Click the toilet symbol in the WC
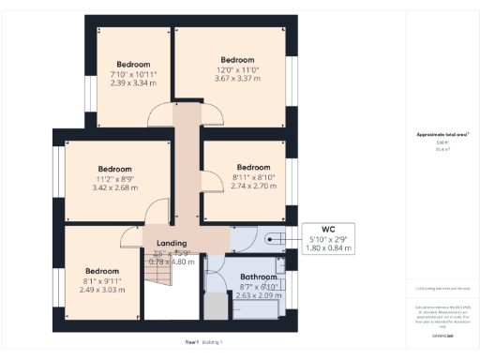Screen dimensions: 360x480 coord(273,238)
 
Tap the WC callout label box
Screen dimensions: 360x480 coord(326,239)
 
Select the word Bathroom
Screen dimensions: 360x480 coord(258,277)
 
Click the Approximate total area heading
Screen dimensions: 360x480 coord(442,135)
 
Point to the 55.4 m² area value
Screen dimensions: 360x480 coord(442,150)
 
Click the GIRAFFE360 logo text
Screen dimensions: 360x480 coord(442,335)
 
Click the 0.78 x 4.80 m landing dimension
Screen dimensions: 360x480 coord(171,262)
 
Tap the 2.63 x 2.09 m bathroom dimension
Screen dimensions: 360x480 coord(258,296)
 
